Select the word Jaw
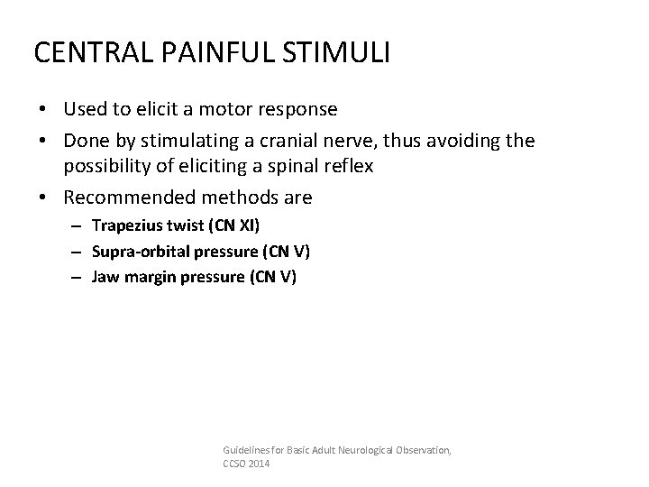[x=105, y=277]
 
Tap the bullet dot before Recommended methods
[x=50, y=197]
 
